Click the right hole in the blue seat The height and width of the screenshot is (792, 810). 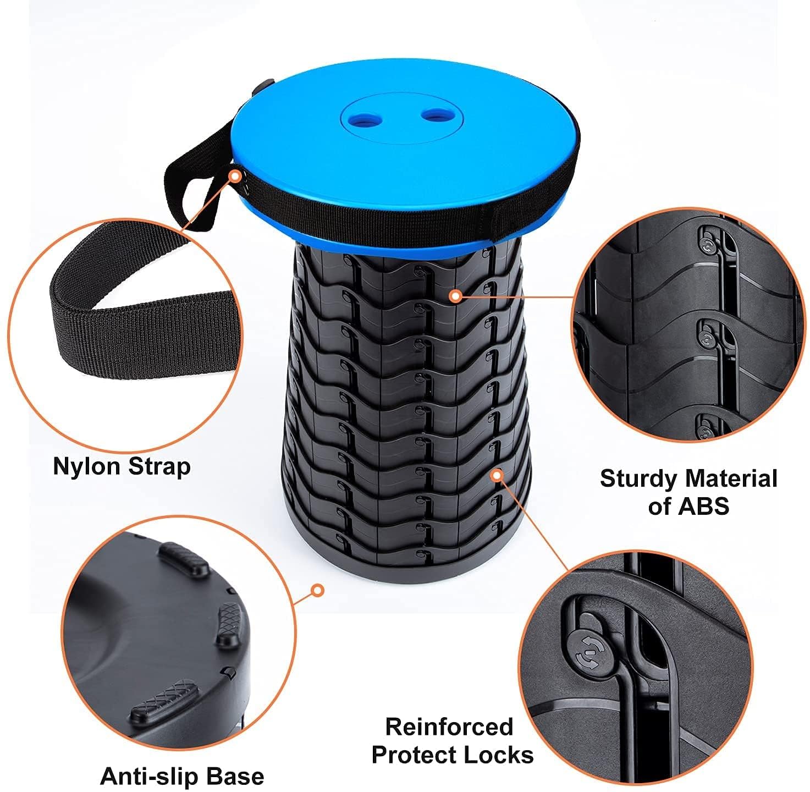(x=436, y=115)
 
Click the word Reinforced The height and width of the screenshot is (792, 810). (x=449, y=727)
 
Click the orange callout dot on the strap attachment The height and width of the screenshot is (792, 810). (x=235, y=177)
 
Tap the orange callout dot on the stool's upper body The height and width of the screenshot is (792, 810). (x=456, y=296)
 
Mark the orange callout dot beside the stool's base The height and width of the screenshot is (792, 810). (x=318, y=590)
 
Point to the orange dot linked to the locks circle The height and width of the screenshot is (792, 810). (x=497, y=475)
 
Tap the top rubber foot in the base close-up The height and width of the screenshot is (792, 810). (x=184, y=559)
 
